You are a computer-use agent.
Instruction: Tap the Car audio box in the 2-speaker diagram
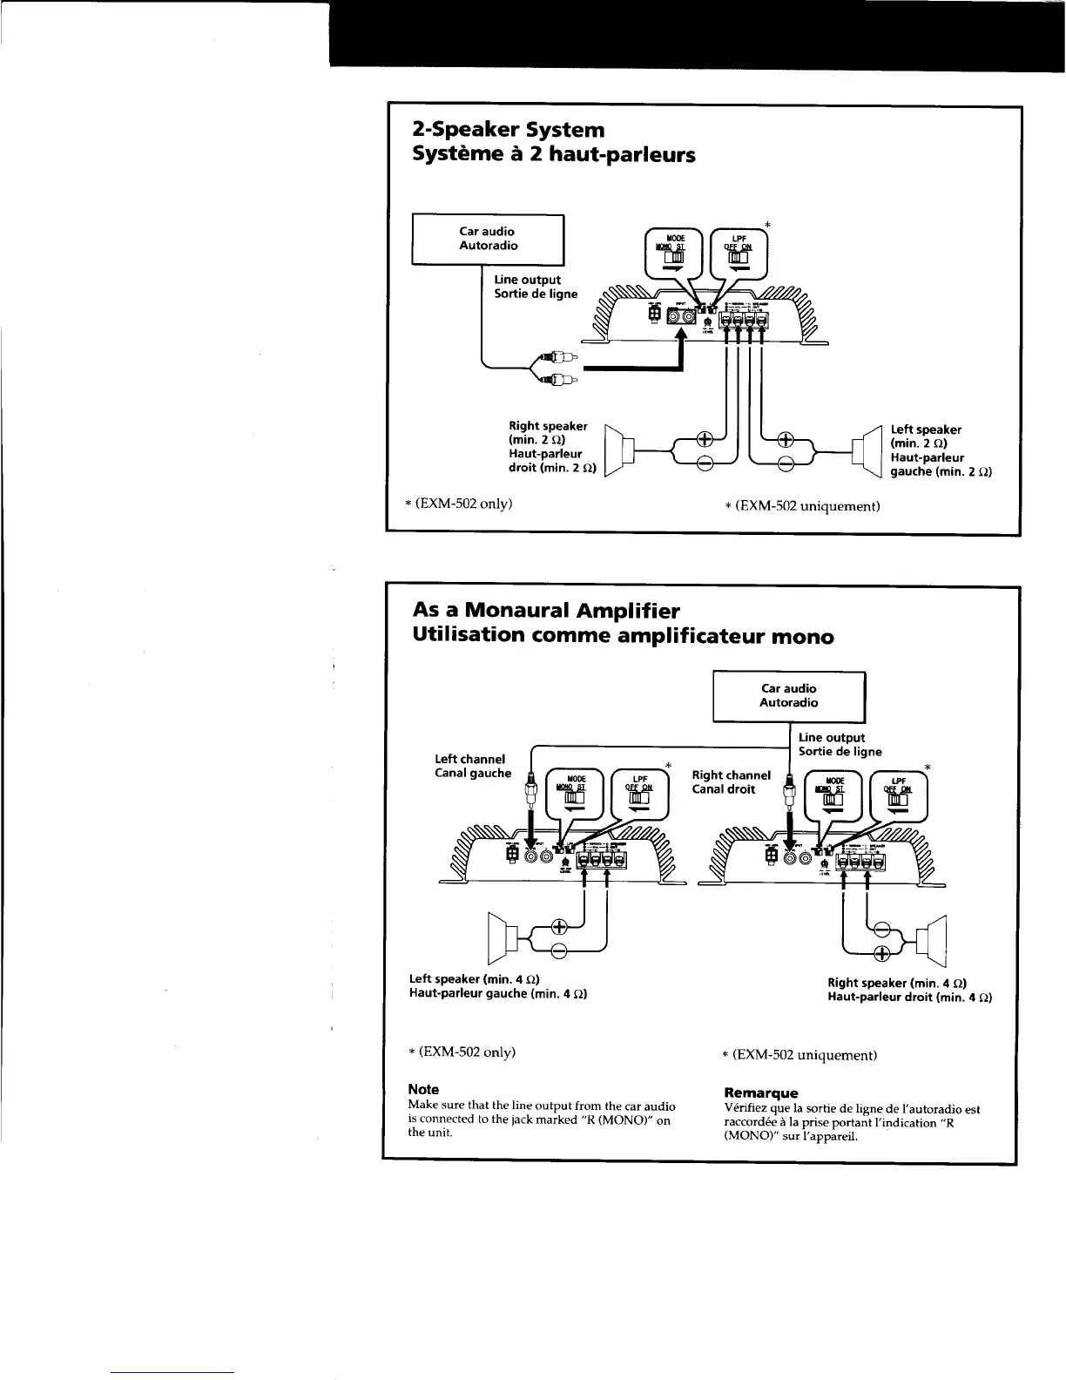(x=488, y=239)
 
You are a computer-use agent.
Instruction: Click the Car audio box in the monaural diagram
(x=788, y=696)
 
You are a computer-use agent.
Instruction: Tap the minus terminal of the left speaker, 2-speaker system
(x=785, y=463)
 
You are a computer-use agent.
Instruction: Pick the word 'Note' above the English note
(x=424, y=1090)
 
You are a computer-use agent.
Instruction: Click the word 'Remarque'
(x=760, y=1092)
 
